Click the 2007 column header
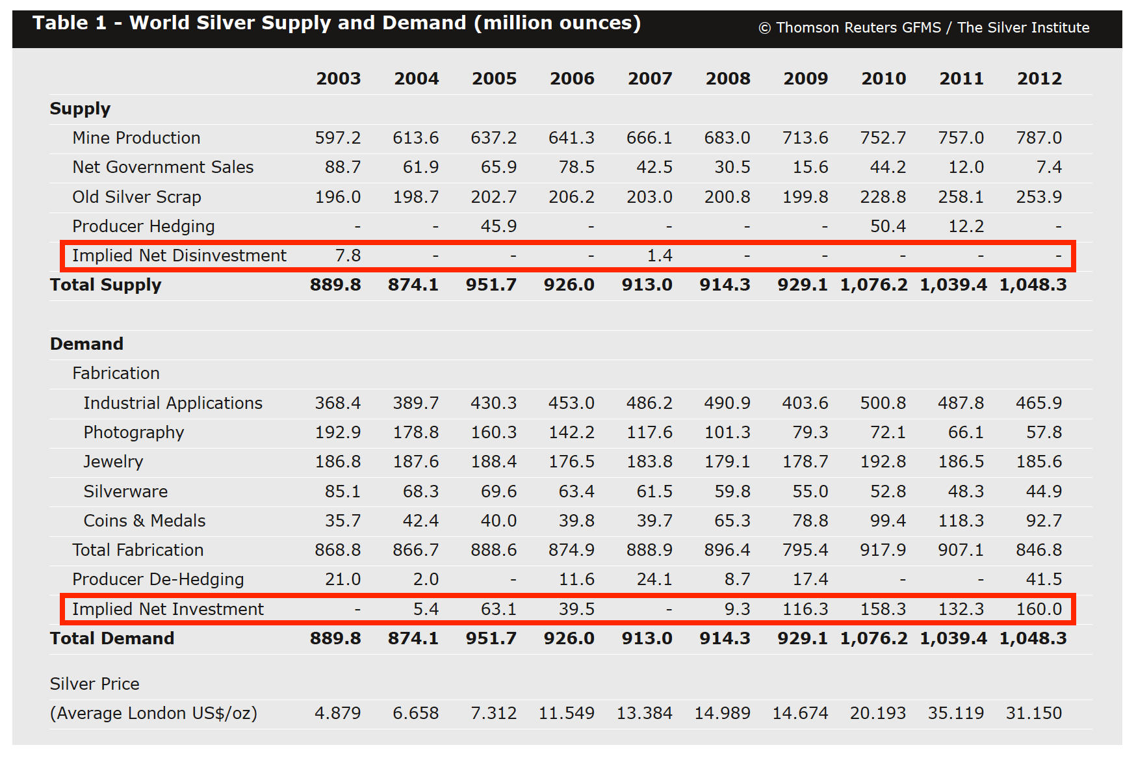click(x=650, y=79)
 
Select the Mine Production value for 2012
click(x=1039, y=138)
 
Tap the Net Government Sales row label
click(x=162, y=167)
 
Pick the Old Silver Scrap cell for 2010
click(x=883, y=197)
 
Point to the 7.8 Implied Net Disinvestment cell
click(x=348, y=255)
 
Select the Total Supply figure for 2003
click(x=335, y=285)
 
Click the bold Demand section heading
click(x=86, y=344)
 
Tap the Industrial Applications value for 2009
click(x=805, y=403)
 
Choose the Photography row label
click(x=133, y=432)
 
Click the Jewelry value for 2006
click(x=571, y=462)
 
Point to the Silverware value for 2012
click(x=1043, y=491)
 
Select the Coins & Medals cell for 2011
click(x=961, y=521)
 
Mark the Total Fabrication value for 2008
click(x=727, y=550)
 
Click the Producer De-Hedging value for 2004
click(x=426, y=579)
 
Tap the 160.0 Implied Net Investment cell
click(x=1039, y=609)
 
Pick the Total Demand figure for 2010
click(x=873, y=638)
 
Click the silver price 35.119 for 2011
click(x=955, y=713)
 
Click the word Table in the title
click(x=60, y=23)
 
